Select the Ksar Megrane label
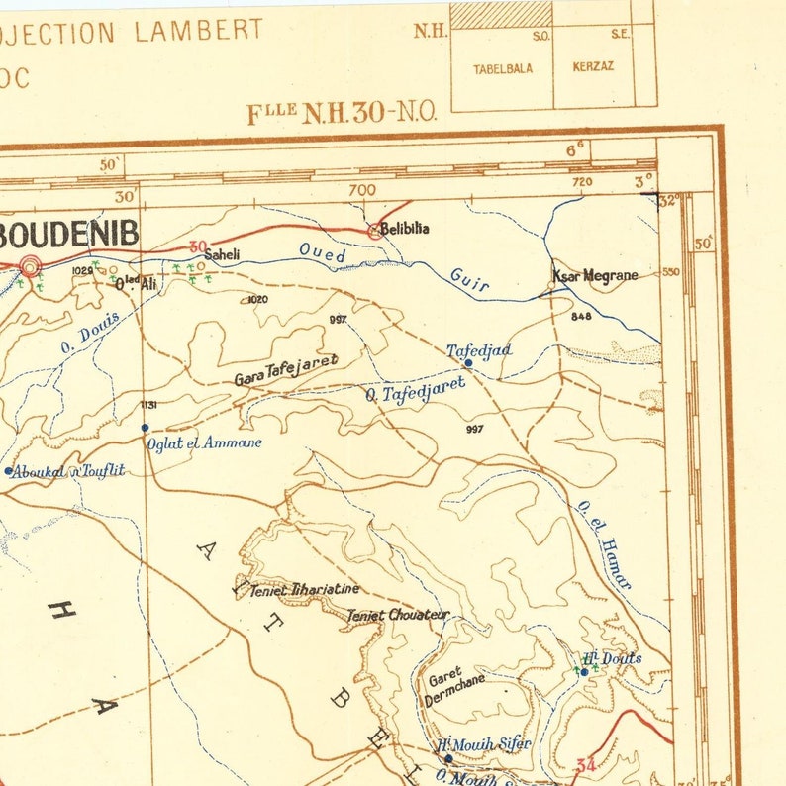[595, 275]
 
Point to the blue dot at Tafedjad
[468, 363]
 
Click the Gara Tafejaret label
[286, 369]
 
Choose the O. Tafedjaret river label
[415, 391]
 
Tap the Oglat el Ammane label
[204, 443]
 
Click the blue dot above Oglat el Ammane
[145, 428]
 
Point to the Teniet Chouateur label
[398, 615]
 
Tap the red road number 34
[584, 764]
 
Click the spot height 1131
[149, 405]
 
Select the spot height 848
[581, 316]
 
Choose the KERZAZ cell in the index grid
[593, 66]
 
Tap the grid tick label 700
[362, 188]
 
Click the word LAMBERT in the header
[199, 30]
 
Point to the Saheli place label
[222, 254]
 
